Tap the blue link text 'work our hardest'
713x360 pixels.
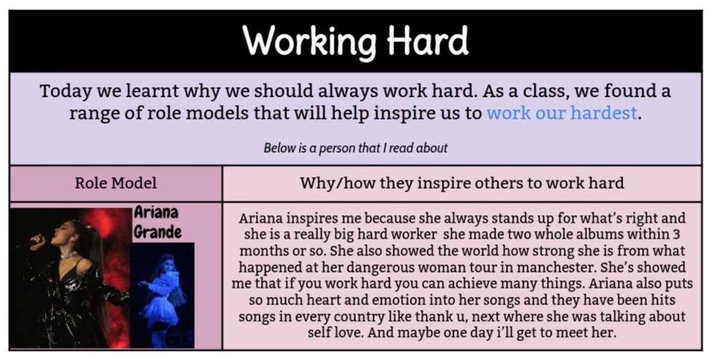click(562, 112)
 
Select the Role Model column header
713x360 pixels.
click(116, 183)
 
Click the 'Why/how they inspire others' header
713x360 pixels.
click(462, 183)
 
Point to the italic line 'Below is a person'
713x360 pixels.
click(355, 147)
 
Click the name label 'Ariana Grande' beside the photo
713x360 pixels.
click(157, 222)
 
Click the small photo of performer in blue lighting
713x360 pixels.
click(162, 295)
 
